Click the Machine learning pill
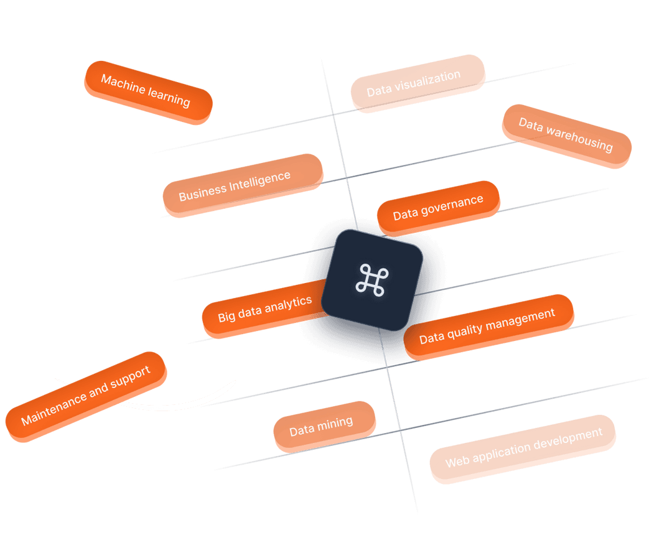coord(147,91)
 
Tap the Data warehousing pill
coord(566,136)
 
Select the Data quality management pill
coord(488,326)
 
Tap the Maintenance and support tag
coord(86,396)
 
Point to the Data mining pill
coord(323,425)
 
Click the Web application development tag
coord(523,448)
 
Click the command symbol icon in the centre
coord(371,279)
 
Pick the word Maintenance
coord(52,410)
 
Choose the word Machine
coord(123,85)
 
